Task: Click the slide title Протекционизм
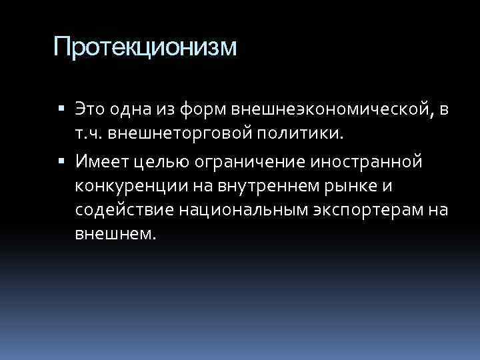pyautogui.click(x=145, y=47)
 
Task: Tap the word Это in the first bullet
pyautogui.click(x=93, y=108)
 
